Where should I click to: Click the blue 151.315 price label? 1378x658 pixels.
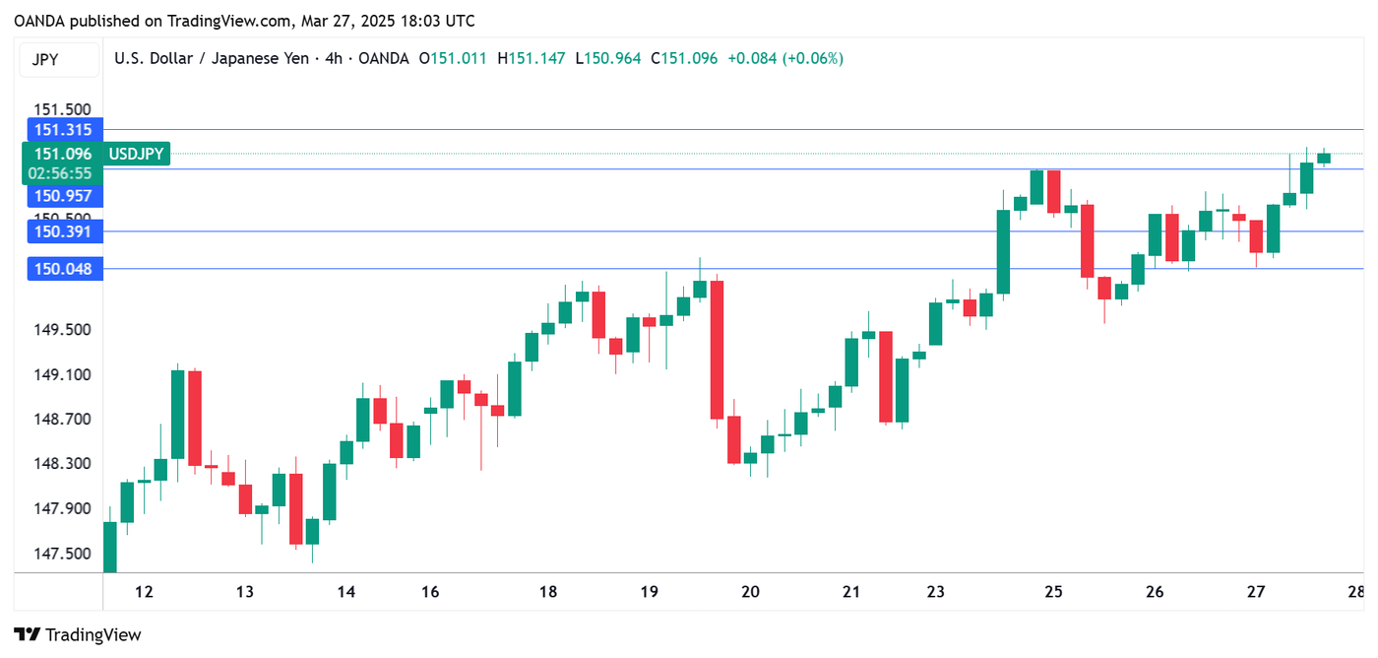coord(62,130)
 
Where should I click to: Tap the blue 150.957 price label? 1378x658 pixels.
coord(62,196)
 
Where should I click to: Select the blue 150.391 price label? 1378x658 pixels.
coord(62,231)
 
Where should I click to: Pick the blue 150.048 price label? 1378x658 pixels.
coord(62,268)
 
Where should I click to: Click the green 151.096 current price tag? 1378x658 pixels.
coord(62,154)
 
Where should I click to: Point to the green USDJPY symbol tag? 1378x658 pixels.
coord(137,154)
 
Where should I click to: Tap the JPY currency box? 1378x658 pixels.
coord(45,59)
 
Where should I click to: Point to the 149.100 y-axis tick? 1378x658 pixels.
coord(63,374)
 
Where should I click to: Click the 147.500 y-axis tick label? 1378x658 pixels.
coord(63,554)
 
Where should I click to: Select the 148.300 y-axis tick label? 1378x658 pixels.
coord(63,464)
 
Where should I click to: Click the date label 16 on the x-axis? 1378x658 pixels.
coord(429,592)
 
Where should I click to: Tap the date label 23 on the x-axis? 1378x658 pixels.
coord(935,592)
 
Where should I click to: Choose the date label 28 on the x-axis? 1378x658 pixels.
coord(1355,592)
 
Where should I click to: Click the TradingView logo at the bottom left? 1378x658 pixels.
coord(78,635)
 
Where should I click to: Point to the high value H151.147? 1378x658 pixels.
coord(532,59)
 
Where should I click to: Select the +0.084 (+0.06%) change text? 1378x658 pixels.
coord(785,59)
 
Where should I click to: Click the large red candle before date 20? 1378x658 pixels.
coord(717,350)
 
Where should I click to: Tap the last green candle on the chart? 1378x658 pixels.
coord(1324,158)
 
